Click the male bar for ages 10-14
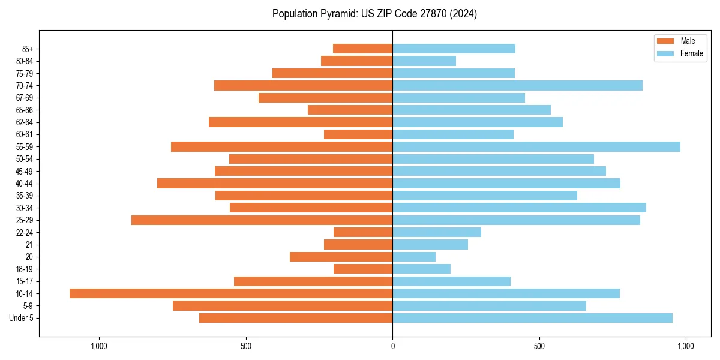tap(231, 293)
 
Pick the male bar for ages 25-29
tap(262, 220)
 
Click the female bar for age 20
tap(414, 257)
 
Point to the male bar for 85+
tap(362, 49)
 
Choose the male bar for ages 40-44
tap(275, 184)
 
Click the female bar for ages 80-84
tap(424, 61)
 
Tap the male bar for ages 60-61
tap(358, 134)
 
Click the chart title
tap(374, 14)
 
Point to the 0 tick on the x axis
tap(392, 346)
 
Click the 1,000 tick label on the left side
tap(98, 346)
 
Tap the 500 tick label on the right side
tap(539, 346)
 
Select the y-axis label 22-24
tap(25, 233)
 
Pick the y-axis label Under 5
tap(21, 318)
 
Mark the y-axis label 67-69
tap(25, 98)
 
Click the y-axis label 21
tap(29, 245)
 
